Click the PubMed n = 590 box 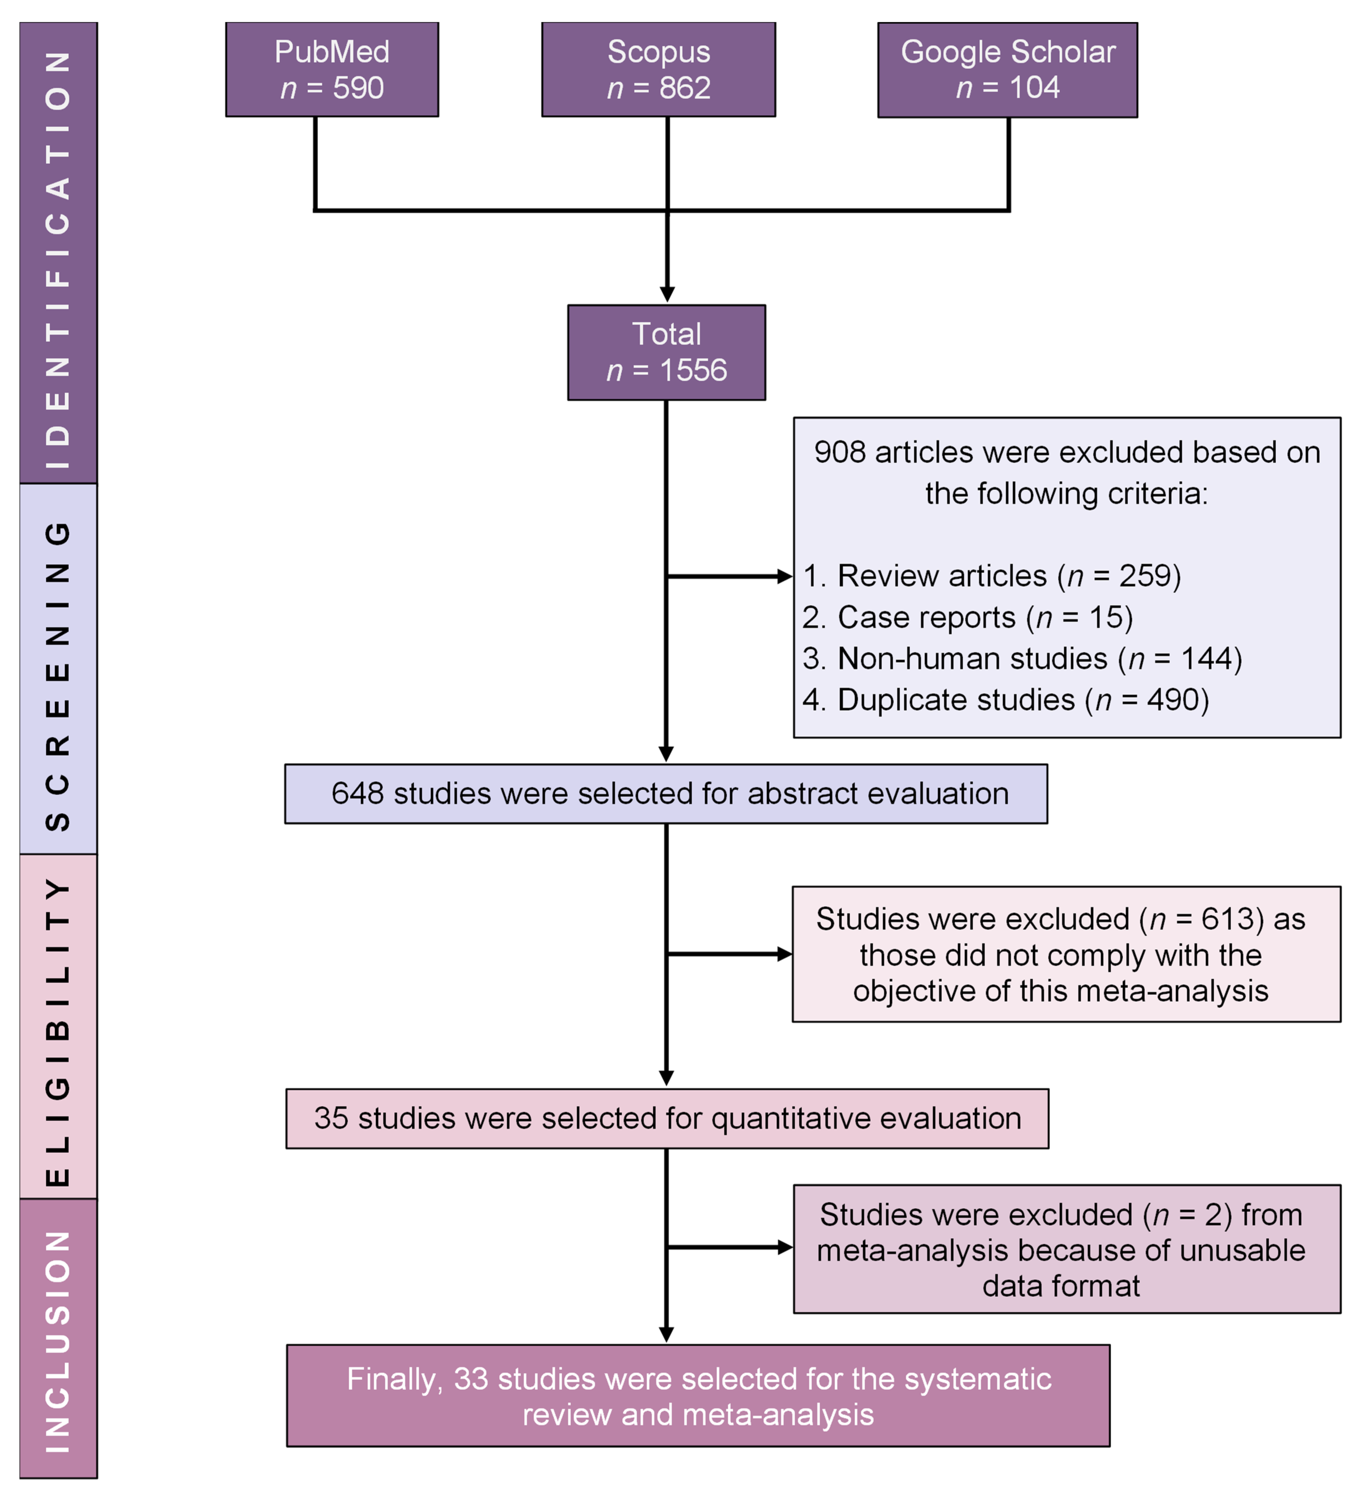pyautogui.click(x=332, y=69)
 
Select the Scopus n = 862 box pyautogui.click(x=658, y=69)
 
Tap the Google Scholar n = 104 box pyautogui.click(x=1007, y=69)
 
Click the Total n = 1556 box pyautogui.click(x=667, y=352)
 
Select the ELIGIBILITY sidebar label pyautogui.click(x=58, y=1026)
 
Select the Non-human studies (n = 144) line pyautogui.click(x=1022, y=658)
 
